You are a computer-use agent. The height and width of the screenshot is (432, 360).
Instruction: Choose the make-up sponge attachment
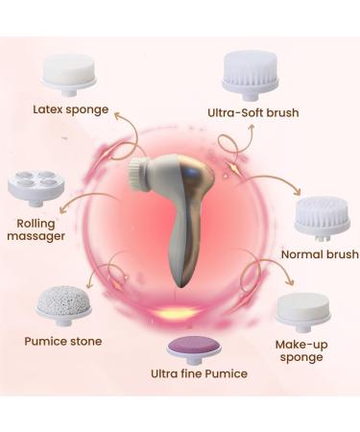302,311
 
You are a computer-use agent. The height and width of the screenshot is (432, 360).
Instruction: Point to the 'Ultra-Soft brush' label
252,112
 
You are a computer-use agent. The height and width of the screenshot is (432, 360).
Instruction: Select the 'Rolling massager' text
36,231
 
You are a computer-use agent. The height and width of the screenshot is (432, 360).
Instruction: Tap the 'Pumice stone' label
63,340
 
